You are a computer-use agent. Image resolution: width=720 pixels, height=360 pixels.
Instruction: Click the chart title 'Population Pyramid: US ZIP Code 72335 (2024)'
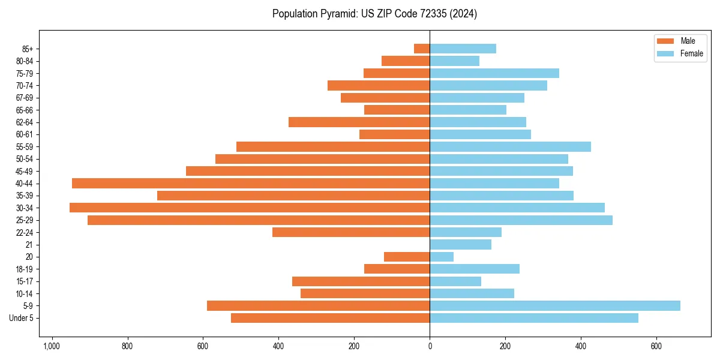point(374,14)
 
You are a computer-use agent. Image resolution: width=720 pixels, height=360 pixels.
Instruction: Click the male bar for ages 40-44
point(251,184)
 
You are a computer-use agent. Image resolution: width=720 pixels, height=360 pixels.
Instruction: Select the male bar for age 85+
point(422,49)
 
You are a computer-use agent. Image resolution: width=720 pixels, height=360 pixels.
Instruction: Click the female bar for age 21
point(460,245)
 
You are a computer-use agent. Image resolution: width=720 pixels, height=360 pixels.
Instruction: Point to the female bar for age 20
point(442,257)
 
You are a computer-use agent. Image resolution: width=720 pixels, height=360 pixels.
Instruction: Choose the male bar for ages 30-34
point(250,208)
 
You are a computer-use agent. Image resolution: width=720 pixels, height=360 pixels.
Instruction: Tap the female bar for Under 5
point(534,318)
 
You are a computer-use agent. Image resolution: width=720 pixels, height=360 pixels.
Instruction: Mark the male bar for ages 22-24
point(351,232)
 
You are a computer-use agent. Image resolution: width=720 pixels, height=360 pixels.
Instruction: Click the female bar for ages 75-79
point(494,73)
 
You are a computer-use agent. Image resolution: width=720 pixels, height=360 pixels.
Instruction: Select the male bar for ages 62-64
point(359,122)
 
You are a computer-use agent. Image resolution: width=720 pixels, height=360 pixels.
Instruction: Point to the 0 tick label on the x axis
point(430,346)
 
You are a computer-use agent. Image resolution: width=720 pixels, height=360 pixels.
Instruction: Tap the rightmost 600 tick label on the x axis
point(656,346)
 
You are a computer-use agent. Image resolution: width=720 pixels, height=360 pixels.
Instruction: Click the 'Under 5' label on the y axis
point(21,318)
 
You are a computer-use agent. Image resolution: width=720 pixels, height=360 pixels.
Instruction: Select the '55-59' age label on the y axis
point(25,147)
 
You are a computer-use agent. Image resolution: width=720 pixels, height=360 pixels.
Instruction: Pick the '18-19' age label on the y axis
point(25,269)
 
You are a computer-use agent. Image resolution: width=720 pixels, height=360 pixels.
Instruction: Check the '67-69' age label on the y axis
point(25,98)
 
